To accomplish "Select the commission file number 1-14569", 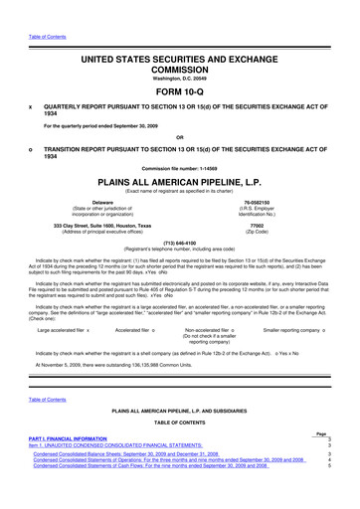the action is [x=179, y=167].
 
